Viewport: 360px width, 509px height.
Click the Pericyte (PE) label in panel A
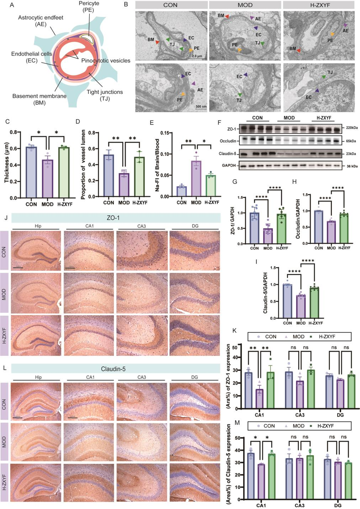[89, 6]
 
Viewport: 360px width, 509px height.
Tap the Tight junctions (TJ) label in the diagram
[104, 95]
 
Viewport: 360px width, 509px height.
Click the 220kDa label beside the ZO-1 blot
[352, 128]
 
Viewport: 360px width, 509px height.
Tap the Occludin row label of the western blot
[228, 141]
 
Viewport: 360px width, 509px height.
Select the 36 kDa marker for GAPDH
[352, 166]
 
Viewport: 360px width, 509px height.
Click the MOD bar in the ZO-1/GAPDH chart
[268, 236]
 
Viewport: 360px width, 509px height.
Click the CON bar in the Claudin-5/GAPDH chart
[287, 301]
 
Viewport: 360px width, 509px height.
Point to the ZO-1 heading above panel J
[113, 218]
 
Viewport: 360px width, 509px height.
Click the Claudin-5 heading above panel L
[113, 369]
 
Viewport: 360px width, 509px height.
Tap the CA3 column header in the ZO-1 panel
[142, 226]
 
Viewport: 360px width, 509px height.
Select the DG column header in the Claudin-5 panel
[194, 377]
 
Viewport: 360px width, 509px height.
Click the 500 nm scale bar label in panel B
[201, 106]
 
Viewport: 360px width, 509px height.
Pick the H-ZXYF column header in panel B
[320, 5]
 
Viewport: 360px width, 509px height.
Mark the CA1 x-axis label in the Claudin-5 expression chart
[261, 505]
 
